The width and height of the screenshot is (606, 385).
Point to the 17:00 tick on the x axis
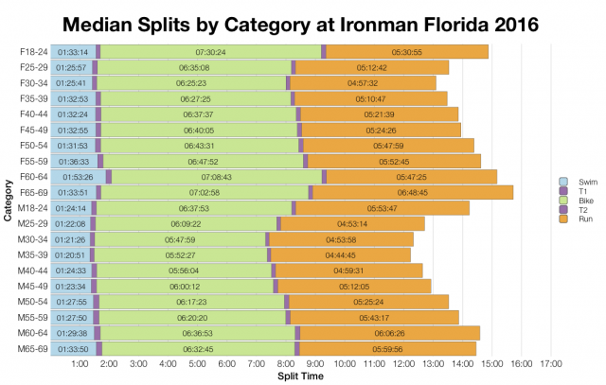click(551, 363)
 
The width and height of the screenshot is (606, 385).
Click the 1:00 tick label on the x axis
click(80, 363)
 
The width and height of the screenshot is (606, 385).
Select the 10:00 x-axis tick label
click(345, 363)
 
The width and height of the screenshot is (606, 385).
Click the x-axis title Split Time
click(302, 376)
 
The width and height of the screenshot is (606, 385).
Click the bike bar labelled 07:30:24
click(210, 52)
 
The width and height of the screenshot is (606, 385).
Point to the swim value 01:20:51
click(70, 255)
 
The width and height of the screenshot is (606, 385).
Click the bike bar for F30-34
click(191, 83)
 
